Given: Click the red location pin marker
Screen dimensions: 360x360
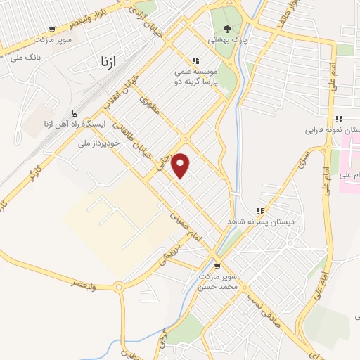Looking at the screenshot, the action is point(181,165).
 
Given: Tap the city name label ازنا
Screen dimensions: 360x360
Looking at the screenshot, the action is point(103,62).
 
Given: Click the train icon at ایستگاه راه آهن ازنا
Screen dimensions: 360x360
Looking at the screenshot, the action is point(75,112).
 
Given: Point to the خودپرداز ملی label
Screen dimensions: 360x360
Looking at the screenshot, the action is point(98,143).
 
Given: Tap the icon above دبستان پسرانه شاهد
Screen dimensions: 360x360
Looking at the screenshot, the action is point(260,210).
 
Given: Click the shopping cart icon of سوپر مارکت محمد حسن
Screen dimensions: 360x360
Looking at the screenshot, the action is point(217,266).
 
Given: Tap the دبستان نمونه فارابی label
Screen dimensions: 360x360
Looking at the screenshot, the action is point(332,130).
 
